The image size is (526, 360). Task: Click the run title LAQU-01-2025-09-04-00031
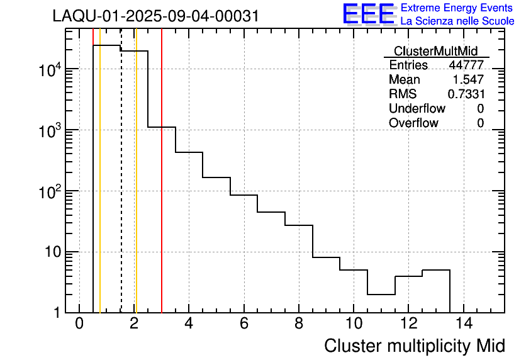click(155, 16)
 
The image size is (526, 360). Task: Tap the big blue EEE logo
click(369, 14)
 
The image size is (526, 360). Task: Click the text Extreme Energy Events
click(457, 8)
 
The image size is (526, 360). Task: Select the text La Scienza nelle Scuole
click(457, 21)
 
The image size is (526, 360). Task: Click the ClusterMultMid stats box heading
click(435, 51)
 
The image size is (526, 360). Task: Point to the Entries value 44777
click(466, 65)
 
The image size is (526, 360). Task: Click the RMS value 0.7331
click(466, 94)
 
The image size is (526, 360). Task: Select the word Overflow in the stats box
click(413, 123)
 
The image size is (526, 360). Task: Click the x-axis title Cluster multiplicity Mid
click(414, 346)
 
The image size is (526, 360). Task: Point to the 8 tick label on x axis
click(298, 324)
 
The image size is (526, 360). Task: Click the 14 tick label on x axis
click(463, 324)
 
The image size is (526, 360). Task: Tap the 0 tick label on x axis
click(79, 324)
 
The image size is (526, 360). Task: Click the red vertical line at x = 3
click(162, 189)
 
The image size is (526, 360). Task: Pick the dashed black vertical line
click(121, 189)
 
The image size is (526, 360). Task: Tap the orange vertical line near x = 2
click(135, 189)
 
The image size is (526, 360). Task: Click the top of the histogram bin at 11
click(381, 294)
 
